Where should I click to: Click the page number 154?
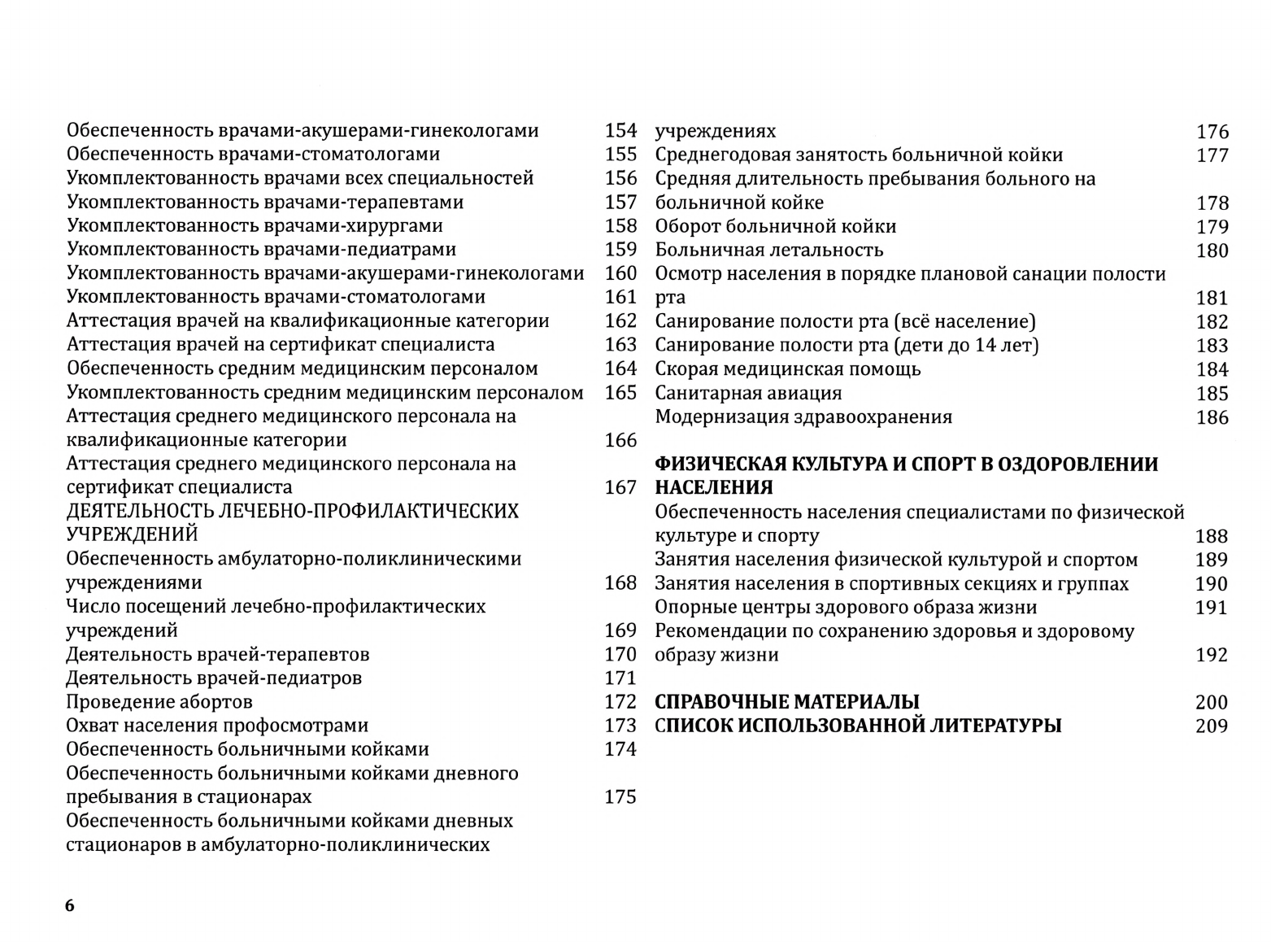620,130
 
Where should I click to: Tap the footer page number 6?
69,906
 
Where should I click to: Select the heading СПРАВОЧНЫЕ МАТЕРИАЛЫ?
786,702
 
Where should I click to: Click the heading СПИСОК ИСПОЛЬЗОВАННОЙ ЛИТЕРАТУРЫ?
858,726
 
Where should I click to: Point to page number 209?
1211,726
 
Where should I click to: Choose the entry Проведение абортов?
159,702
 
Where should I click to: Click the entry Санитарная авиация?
748,394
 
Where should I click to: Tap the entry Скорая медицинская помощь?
787,369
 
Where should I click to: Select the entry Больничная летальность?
768,251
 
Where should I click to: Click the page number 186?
1212,418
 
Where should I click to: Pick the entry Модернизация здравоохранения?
803,417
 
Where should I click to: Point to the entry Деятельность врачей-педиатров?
214,678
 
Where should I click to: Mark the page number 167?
620,487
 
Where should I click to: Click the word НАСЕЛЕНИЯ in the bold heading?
713,488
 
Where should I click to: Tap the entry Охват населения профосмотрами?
217,726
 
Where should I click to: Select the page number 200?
1211,703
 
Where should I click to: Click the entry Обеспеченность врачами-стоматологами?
253,155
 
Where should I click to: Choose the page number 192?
1211,656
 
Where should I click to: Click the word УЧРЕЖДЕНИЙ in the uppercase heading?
132,535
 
